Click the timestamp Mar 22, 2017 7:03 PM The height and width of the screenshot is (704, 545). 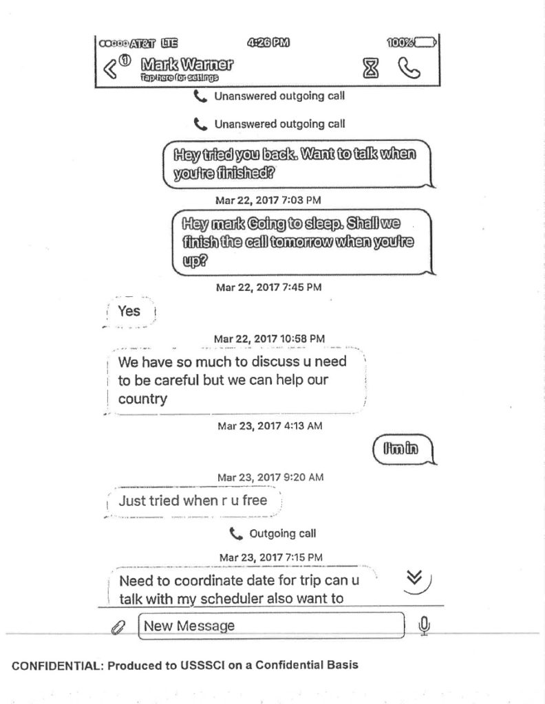tap(268, 200)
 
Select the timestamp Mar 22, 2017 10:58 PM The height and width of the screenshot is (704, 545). tap(269, 339)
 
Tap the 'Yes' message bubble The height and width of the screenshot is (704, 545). tap(129, 311)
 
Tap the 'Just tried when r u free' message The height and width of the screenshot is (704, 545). tap(193, 501)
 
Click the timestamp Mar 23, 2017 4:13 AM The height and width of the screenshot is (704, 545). tap(270, 426)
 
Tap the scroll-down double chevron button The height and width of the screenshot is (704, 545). tap(415, 580)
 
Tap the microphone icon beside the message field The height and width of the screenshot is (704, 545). tap(425, 625)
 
